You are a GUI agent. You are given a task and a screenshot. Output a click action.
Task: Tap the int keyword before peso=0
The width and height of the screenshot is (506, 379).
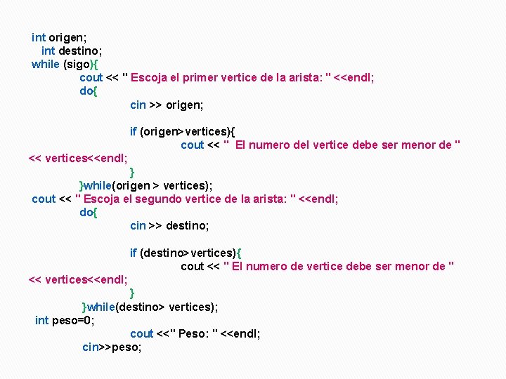pos(41,320)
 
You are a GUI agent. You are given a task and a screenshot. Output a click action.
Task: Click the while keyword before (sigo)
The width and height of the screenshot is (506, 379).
pos(46,64)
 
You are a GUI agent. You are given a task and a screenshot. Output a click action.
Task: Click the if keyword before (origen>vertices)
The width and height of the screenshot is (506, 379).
pos(133,131)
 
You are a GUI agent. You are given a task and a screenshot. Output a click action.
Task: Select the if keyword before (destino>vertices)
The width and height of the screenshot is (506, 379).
pos(133,253)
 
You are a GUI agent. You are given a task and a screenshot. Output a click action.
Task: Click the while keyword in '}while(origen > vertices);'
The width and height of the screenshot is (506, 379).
pos(98,185)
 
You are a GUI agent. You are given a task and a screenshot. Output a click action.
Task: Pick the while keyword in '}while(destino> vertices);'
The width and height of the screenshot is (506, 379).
pos(100,307)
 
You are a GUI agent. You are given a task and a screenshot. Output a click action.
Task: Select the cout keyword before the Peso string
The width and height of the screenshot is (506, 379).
pos(141,333)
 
